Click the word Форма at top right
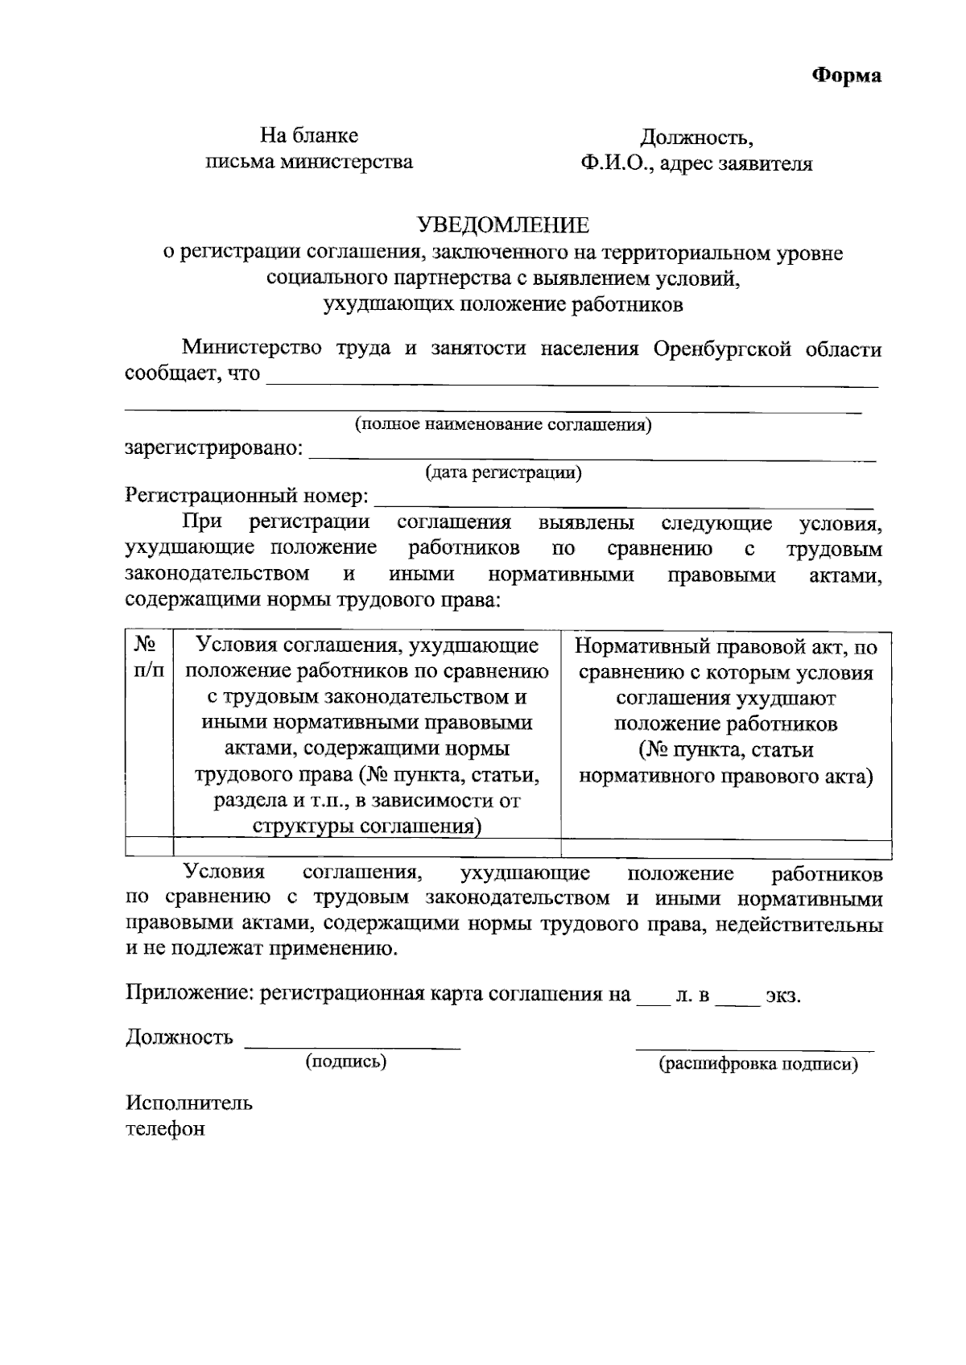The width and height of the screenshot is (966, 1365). [845, 76]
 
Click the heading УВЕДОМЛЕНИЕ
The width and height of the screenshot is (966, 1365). [503, 225]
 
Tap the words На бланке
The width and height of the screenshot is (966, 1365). [308, 135]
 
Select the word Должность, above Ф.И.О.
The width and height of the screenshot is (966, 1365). [696, 137]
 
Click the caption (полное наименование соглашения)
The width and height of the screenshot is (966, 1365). [503, 424]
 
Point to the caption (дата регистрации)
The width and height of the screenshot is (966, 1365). [503, 472]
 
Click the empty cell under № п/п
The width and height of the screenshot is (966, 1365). [150, 848]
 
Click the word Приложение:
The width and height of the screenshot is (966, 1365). [190, 995]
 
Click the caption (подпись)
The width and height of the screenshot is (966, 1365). [346, 1062]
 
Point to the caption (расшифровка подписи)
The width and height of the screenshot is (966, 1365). [758, 1064]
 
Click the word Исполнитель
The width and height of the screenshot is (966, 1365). [189, 1103]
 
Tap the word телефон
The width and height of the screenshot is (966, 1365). [166, 1129]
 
